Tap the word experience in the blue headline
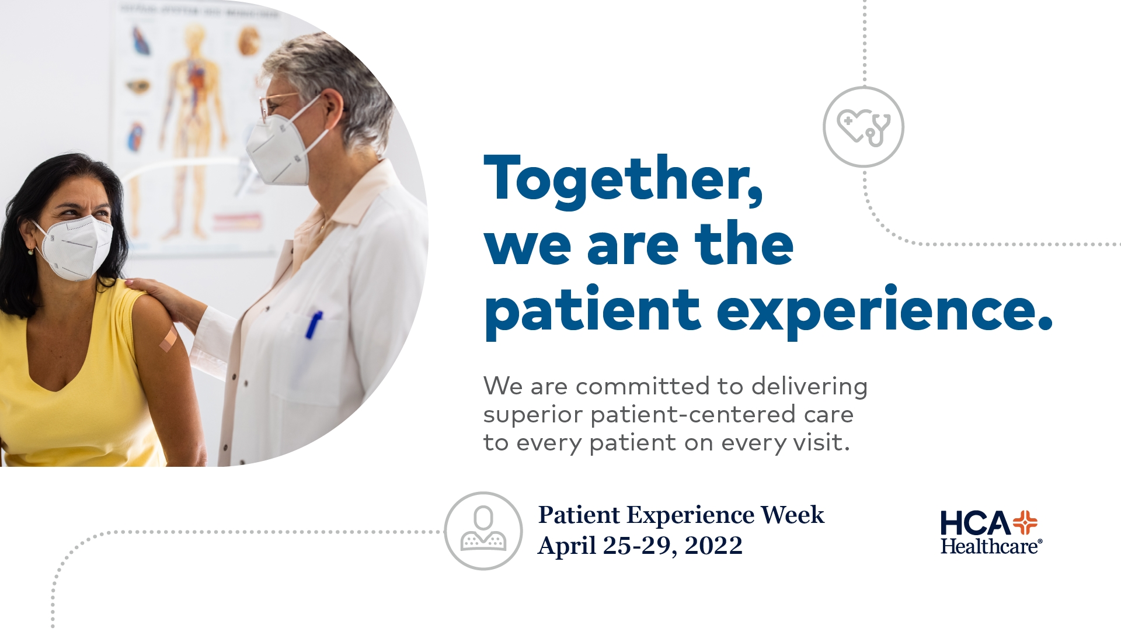pos(884,311)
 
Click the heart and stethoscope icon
pos(864,127)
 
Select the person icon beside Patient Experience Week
pos(483,531)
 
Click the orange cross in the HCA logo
pos(1025,522)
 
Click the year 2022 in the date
pos(713,546)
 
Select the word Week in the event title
pos(792,515)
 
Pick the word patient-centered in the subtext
pos(693,415)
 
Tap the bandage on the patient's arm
pos(169,338)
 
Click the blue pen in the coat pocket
pos(314,325)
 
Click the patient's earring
pos(31,251)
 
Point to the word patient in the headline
pos(592,311)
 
